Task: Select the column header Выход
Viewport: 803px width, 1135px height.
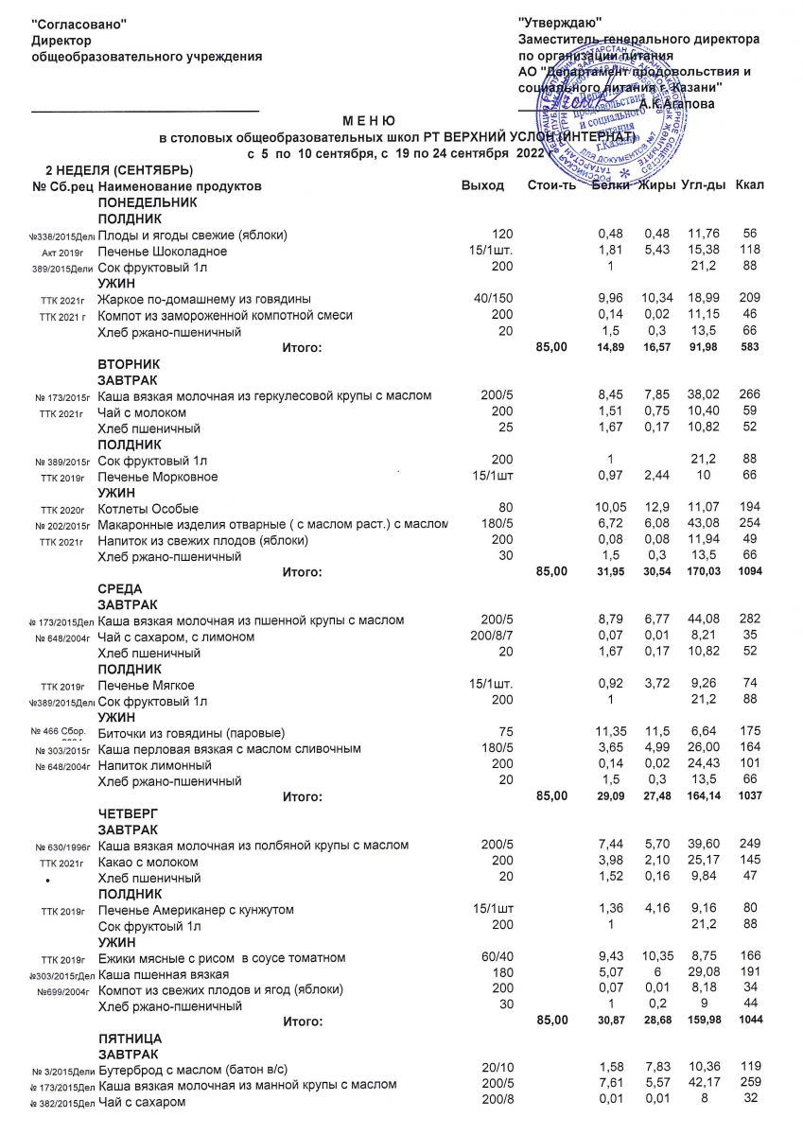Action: click(x=482, y=186)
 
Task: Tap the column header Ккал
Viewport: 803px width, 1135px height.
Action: click(x=749, y=186)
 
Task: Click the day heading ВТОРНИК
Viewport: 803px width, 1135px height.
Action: click(x=130, y=364)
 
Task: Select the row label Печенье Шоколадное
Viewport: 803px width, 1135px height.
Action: click(x=163, y=251)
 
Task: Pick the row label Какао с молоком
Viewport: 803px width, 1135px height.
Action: click(x=148, y=862)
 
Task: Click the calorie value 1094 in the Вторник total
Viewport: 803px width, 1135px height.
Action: click(x=748, y=572)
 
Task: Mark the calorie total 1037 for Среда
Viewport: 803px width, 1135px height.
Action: click(x=748, y=796)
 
